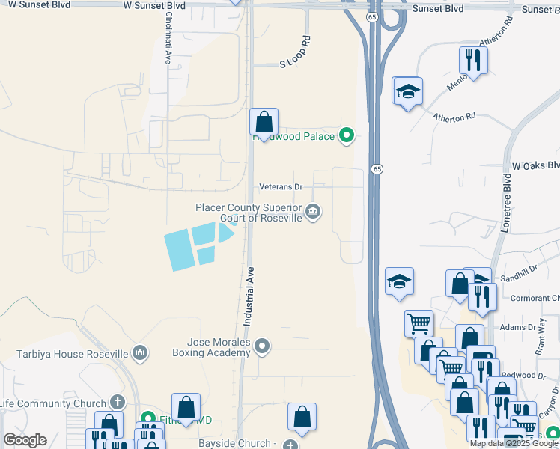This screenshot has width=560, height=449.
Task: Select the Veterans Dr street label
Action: click(281, 186)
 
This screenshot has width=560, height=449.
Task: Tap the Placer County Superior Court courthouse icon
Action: click(313, 213)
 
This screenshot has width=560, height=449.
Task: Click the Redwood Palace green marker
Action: click(346, 136)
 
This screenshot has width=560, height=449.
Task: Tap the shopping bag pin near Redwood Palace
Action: click(264, 122)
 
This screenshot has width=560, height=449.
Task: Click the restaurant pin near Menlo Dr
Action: click(472, 60)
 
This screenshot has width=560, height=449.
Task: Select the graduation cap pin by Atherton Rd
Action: click(407, 91)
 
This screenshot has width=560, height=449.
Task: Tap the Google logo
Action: click(25, 440)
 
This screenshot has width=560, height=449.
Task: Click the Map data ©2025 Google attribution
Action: click(514, 443)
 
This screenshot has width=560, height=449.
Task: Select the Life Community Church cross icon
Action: click(115, 403)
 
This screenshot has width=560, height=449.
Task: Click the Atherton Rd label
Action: click(454, 117)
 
